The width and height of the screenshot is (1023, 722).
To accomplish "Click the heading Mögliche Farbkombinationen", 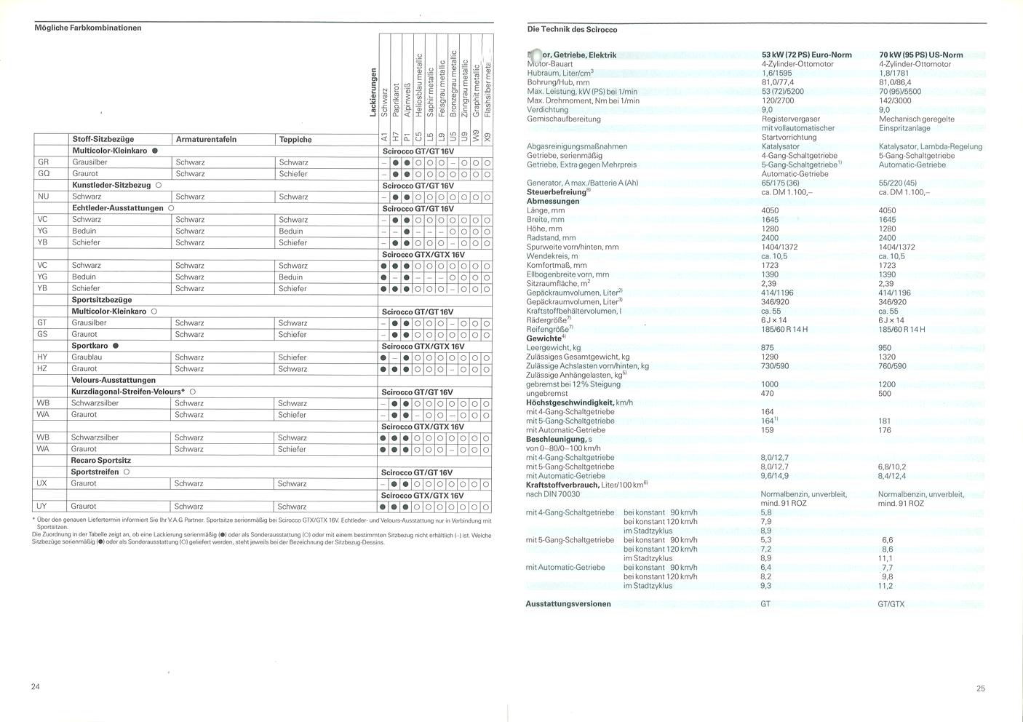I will pos(88,28).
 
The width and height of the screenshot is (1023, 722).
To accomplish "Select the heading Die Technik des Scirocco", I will pos(572,30).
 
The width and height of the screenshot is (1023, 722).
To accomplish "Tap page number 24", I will pos(36,686).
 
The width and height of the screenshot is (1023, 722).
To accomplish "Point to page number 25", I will pos(981,689).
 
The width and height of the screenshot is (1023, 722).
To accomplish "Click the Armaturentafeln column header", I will pos(206,139).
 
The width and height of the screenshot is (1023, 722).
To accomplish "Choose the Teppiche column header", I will pos(295,139).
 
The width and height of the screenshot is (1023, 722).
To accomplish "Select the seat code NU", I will pos(44,197).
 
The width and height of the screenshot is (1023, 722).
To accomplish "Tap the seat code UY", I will pos(42,506).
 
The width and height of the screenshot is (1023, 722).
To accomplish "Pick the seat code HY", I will pos(42,357).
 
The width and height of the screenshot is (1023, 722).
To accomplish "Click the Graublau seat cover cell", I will pos(87,357).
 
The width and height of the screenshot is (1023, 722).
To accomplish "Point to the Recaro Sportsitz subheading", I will pos(101,460).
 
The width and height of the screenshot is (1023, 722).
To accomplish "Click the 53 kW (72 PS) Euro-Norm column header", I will pos(806,55).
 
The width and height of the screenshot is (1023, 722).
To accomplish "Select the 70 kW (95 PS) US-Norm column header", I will pos(920,55).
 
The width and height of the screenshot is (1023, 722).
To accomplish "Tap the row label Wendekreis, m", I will pos(552,256).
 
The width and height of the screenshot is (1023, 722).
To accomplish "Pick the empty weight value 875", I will pos(768,348).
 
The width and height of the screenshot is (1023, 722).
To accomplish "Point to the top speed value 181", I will pos(885,421).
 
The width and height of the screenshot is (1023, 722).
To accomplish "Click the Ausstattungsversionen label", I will pos(568,604).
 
